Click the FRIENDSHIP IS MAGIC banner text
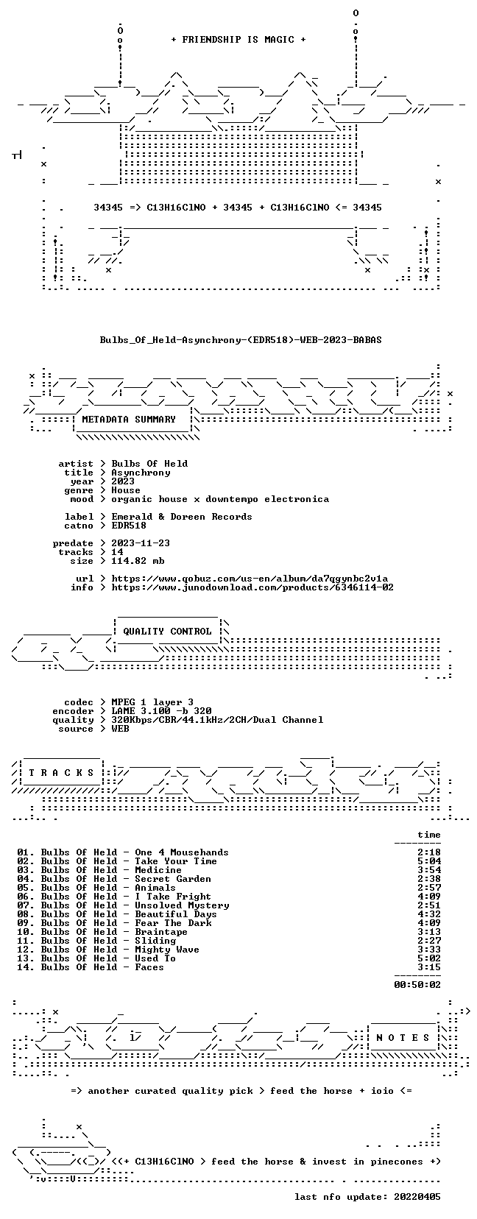click(x=239, y=40)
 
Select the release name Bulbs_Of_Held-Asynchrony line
click(x=241, y=340)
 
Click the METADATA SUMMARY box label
click(x=129, y=420)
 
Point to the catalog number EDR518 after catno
click(x=129, y=526)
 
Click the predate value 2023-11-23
click(x=141, y=543)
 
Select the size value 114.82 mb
click(x=138, y=561)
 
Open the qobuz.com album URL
click(x=250, y=579)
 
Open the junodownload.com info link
click(x=252, y=587)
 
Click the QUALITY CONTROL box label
click(x=167, y=632)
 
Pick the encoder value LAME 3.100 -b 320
click(x=161, y=711)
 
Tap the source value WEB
click(x=120, y=729)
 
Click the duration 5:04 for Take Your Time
click(x=429, y=861)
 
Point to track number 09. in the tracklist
click(x=26, y=923)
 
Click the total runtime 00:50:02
click(x=417, y=984)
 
